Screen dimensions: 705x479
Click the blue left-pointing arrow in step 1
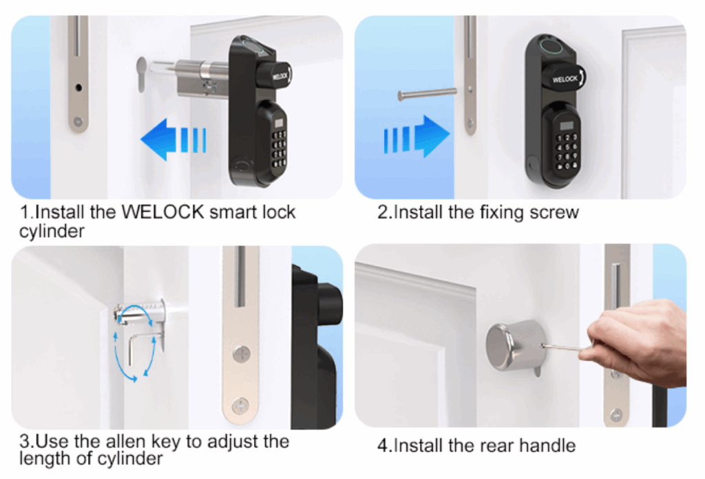(x=173, y=139)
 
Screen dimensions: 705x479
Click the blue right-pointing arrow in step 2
(x=417, y=136)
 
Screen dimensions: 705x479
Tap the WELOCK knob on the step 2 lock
(x=563, y=78)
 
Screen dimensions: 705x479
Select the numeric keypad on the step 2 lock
(x=567, y=151)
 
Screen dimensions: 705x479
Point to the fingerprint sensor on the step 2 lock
(x=549, y=45)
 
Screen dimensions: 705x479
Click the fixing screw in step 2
(x=427, y=94)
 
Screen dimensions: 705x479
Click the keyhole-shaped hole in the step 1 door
(x=142, y=74)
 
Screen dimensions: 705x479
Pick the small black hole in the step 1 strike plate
(x=78, y=88)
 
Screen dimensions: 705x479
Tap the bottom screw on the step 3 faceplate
(x=240, y=406)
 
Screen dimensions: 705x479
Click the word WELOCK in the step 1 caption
(x=163, y=212)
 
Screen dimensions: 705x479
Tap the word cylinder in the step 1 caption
(x=52, y=232)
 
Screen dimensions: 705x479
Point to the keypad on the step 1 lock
(x=279, y=150)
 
